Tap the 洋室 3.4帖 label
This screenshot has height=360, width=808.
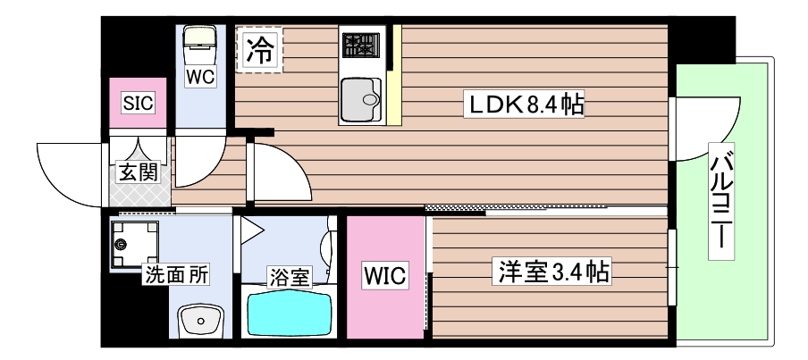550,272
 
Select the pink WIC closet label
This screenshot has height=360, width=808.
384,278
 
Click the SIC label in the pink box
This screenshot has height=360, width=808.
138,103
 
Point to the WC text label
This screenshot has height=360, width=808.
200,78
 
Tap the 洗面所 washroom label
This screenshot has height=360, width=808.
177,275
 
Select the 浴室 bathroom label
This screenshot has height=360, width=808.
290,276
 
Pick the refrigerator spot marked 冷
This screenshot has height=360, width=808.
258,47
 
